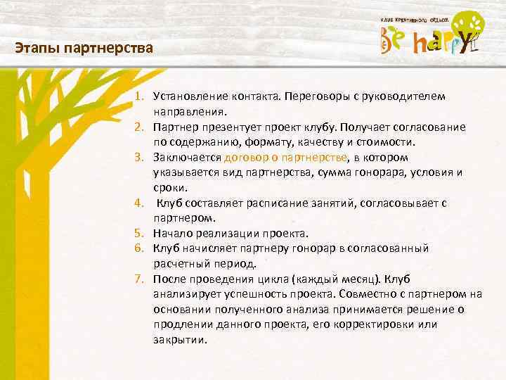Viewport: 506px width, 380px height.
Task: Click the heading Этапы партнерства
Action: pyautogui.click(x=83, y=49)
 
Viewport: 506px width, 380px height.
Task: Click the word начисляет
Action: pyautogui.click(x=212, y=248)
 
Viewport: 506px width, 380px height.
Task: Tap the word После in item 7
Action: pyautogui.click(x=169, y=279)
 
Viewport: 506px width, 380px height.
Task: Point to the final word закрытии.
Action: pyautogui.click(x=180, y=340)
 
